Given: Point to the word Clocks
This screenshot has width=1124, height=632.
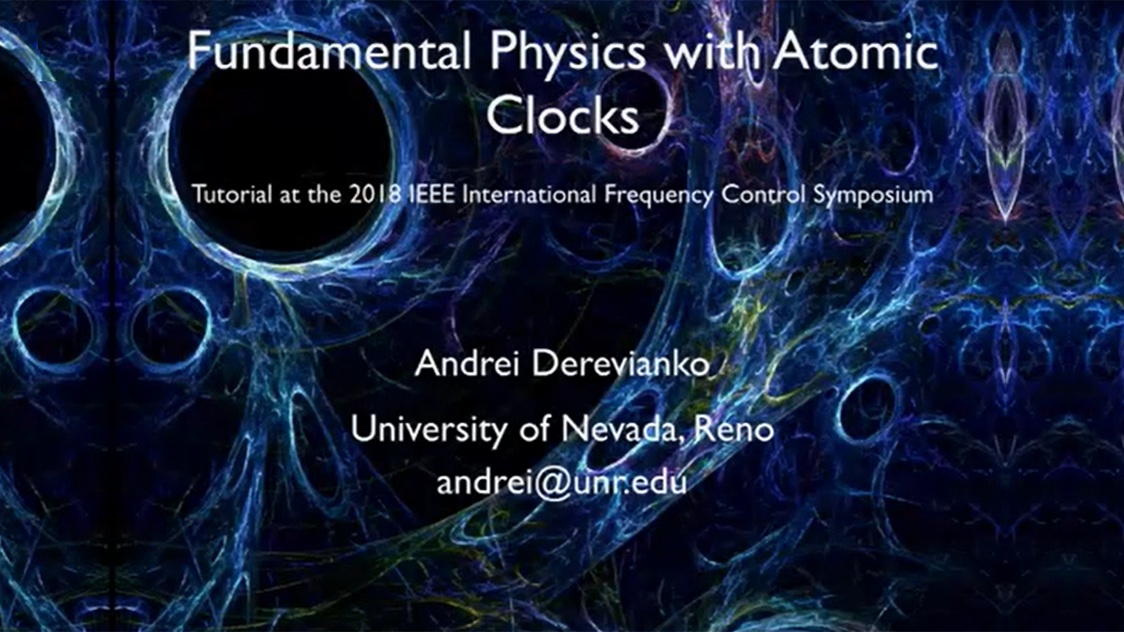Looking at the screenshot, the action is [563, 114].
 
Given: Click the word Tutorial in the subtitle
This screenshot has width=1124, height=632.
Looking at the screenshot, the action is [232, 194].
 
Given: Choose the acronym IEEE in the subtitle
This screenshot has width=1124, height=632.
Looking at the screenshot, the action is [431, 194].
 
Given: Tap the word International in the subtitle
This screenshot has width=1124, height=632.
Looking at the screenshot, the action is [529, 194].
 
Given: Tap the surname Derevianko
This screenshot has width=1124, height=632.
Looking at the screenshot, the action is [621, 363].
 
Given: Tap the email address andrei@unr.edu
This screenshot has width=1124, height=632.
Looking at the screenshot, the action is [561, 483].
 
